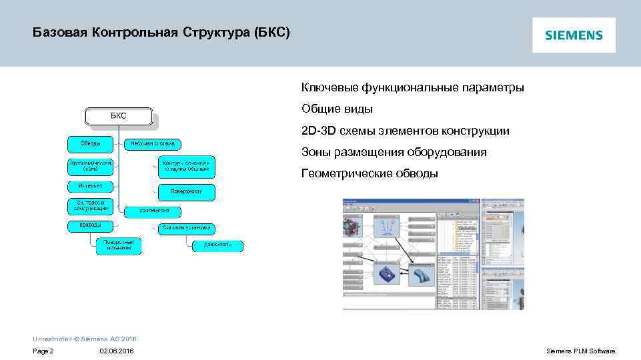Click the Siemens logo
(x=574, y=35)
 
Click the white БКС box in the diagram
(x=118, y=116)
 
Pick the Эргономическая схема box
(x=90, y=165)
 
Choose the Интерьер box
(x=90, y=186)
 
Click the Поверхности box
(x=186, y=191)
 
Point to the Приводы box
(x=90, y=225)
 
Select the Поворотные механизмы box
(x=118, y=245)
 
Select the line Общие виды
(x=337, y=109)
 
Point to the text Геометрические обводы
(x=370, y=173)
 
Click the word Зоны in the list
(x=314, y=152)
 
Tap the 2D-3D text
(x=318, y=131)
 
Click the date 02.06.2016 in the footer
(x=116, y=351)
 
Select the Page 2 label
(x=43, y=351)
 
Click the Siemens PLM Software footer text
(x=580, y=351)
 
